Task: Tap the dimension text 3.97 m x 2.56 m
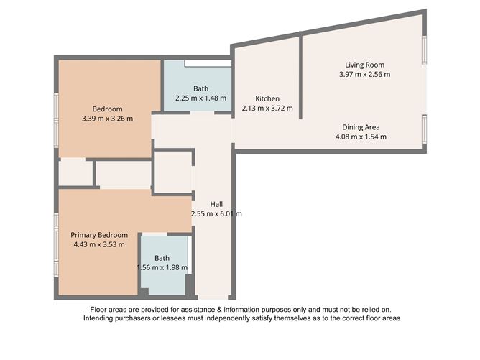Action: [x=365, y=74]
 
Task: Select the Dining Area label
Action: [x=361, y=127]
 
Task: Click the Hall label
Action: [x=216, y=203]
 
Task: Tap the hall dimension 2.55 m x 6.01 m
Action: [x=216, y=213]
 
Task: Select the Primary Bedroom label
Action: [x=98, y=235]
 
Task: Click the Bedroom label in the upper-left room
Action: [x=108, y=109]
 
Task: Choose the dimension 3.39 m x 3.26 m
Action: [x=108, y=119]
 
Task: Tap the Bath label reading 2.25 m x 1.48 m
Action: [x=200, y=88]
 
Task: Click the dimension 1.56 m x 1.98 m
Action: [x=162, y=268]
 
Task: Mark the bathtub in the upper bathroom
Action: [x=208, y=65]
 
